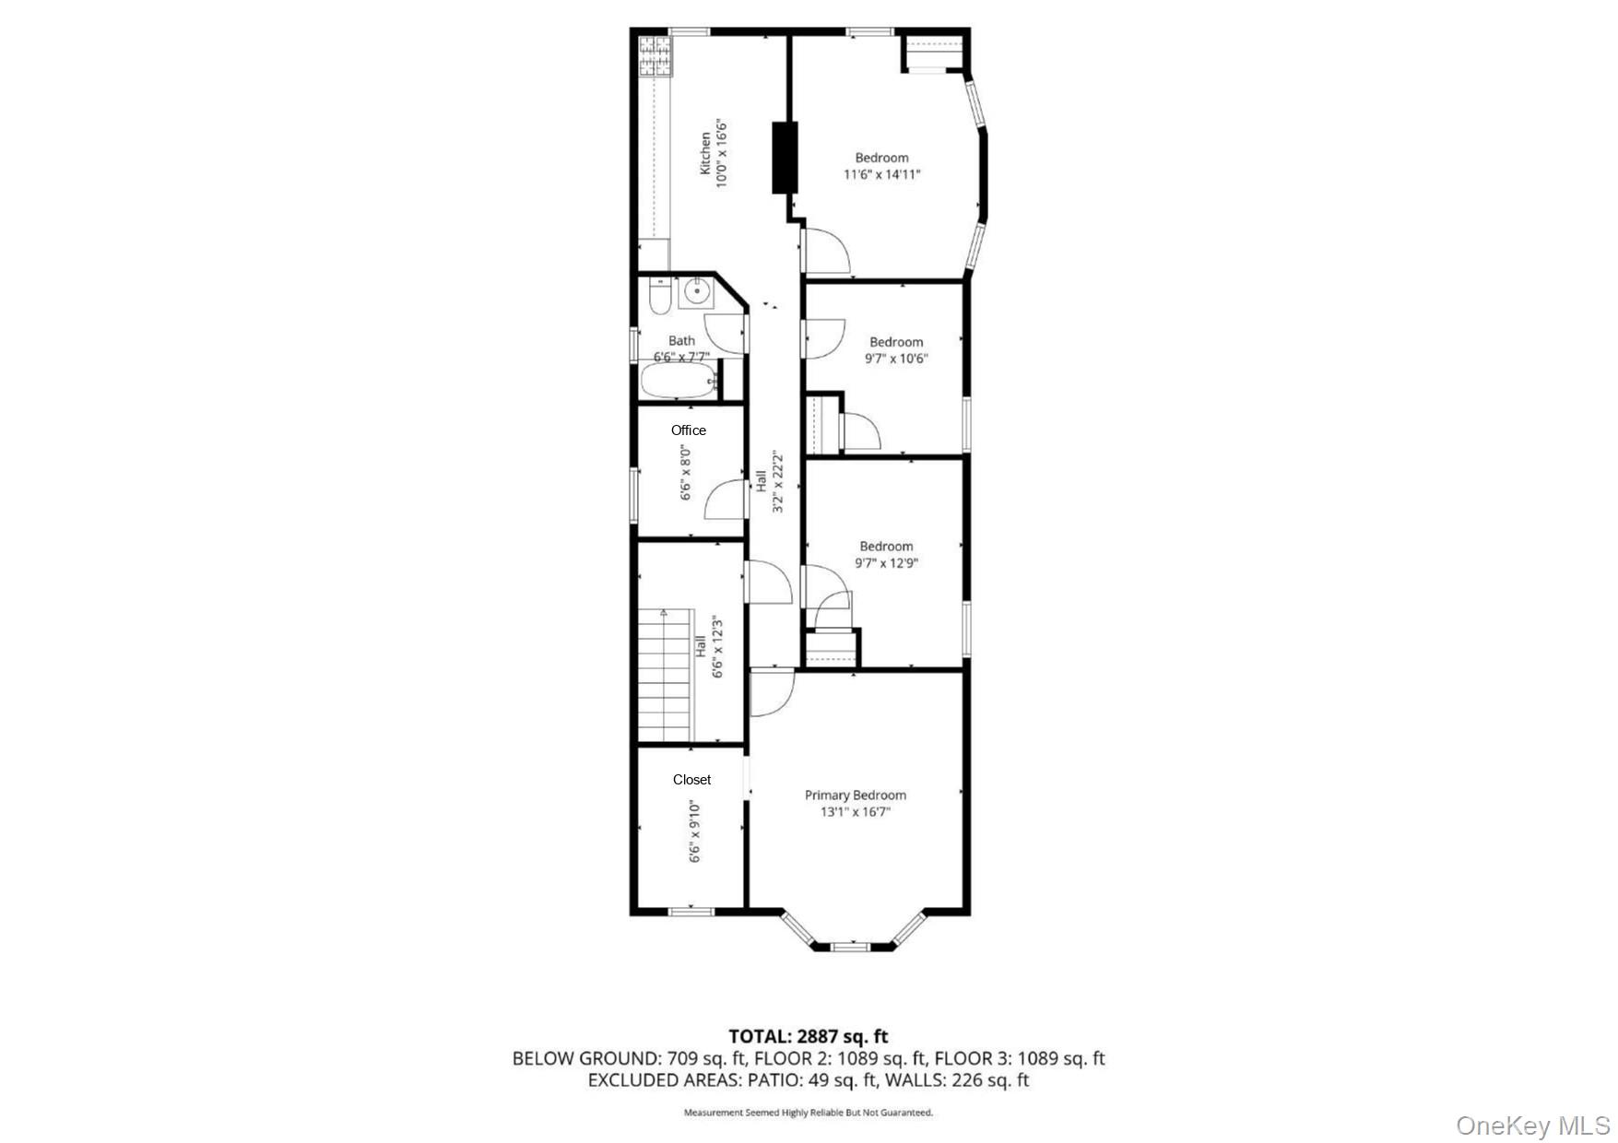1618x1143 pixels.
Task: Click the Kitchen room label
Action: click(705, 153)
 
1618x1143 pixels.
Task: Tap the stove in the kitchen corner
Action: click(655, 56)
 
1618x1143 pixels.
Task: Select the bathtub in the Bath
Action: click(679, 382)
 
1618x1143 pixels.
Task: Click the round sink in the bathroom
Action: click(696, 293)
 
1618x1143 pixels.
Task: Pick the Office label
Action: click(689, 430)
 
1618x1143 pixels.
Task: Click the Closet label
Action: click(691, 780)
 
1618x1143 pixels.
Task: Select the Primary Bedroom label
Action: click(856, 795)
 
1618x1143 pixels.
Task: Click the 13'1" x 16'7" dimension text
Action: click(856, 812)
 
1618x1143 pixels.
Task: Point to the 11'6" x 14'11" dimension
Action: click(882, 174)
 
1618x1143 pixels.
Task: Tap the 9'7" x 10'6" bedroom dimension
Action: click(896, 359)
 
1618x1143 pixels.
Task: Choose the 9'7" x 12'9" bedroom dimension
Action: click(887, 563)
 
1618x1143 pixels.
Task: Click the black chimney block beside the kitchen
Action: click(784, 157)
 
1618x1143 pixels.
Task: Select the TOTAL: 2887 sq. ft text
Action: click(809, 1036)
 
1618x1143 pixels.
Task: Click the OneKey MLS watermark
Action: click(1533, 1125)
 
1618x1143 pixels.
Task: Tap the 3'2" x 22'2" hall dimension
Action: click(777, 482)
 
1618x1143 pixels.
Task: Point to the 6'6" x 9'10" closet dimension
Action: click(695, 831)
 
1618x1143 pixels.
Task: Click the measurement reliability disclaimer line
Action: click(809, 1113)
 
